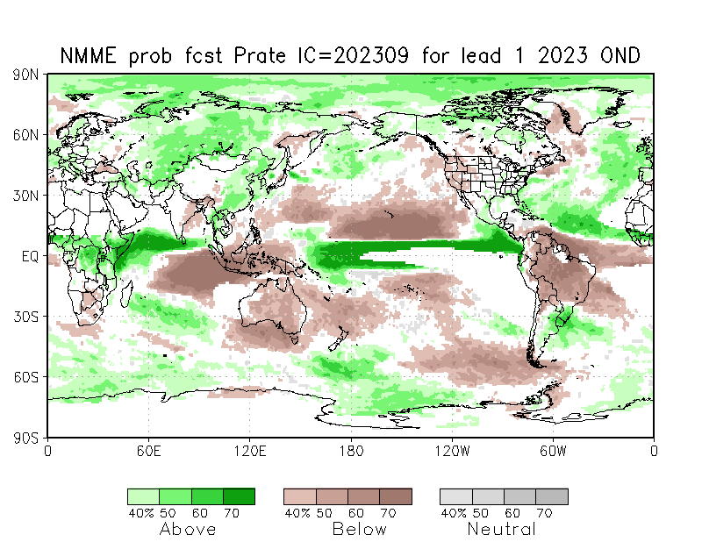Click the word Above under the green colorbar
coord(188,529)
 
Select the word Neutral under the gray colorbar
coord(501,529)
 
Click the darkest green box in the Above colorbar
coord(239,496)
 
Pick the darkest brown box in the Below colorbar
coord(396,496)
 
